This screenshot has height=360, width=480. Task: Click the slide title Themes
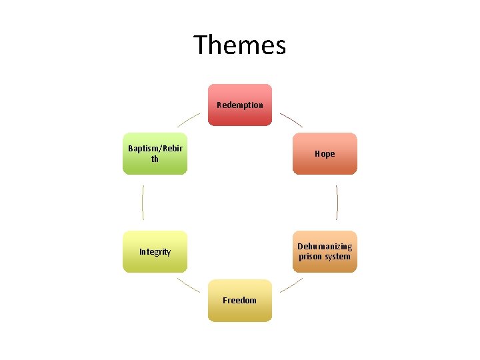pos(240,45)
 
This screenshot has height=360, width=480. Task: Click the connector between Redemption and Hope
pos(291,120)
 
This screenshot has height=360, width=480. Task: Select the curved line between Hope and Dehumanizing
pos(337,202)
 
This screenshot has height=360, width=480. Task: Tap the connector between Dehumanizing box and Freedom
pos(291,285)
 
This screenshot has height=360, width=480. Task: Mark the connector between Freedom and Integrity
pos(189,285)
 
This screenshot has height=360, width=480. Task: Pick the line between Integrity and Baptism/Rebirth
pos(143,202)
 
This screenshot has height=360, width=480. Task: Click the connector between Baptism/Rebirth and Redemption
pos(188,120)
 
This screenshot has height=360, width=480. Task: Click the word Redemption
pos(240,105)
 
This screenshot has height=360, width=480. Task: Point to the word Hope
pos(325,153)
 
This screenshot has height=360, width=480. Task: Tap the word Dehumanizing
pos(325,247)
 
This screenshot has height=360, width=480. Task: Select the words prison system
pos(325,257)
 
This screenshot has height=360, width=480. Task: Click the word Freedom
pos(240,301)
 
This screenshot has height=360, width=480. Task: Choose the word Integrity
pos(155,252)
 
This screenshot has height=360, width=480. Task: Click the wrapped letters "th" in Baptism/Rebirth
pos(155,159)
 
